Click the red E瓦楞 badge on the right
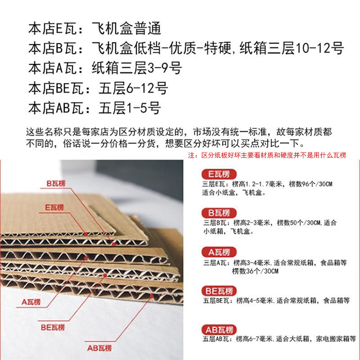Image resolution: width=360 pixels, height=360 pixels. point(218,173)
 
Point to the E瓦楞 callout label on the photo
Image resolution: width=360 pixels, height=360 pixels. point(54,207)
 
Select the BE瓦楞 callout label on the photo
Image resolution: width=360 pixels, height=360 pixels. point(53,327)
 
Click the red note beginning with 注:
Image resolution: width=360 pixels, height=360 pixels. point(267,155)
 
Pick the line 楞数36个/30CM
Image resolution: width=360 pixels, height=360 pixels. point(255,271)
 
